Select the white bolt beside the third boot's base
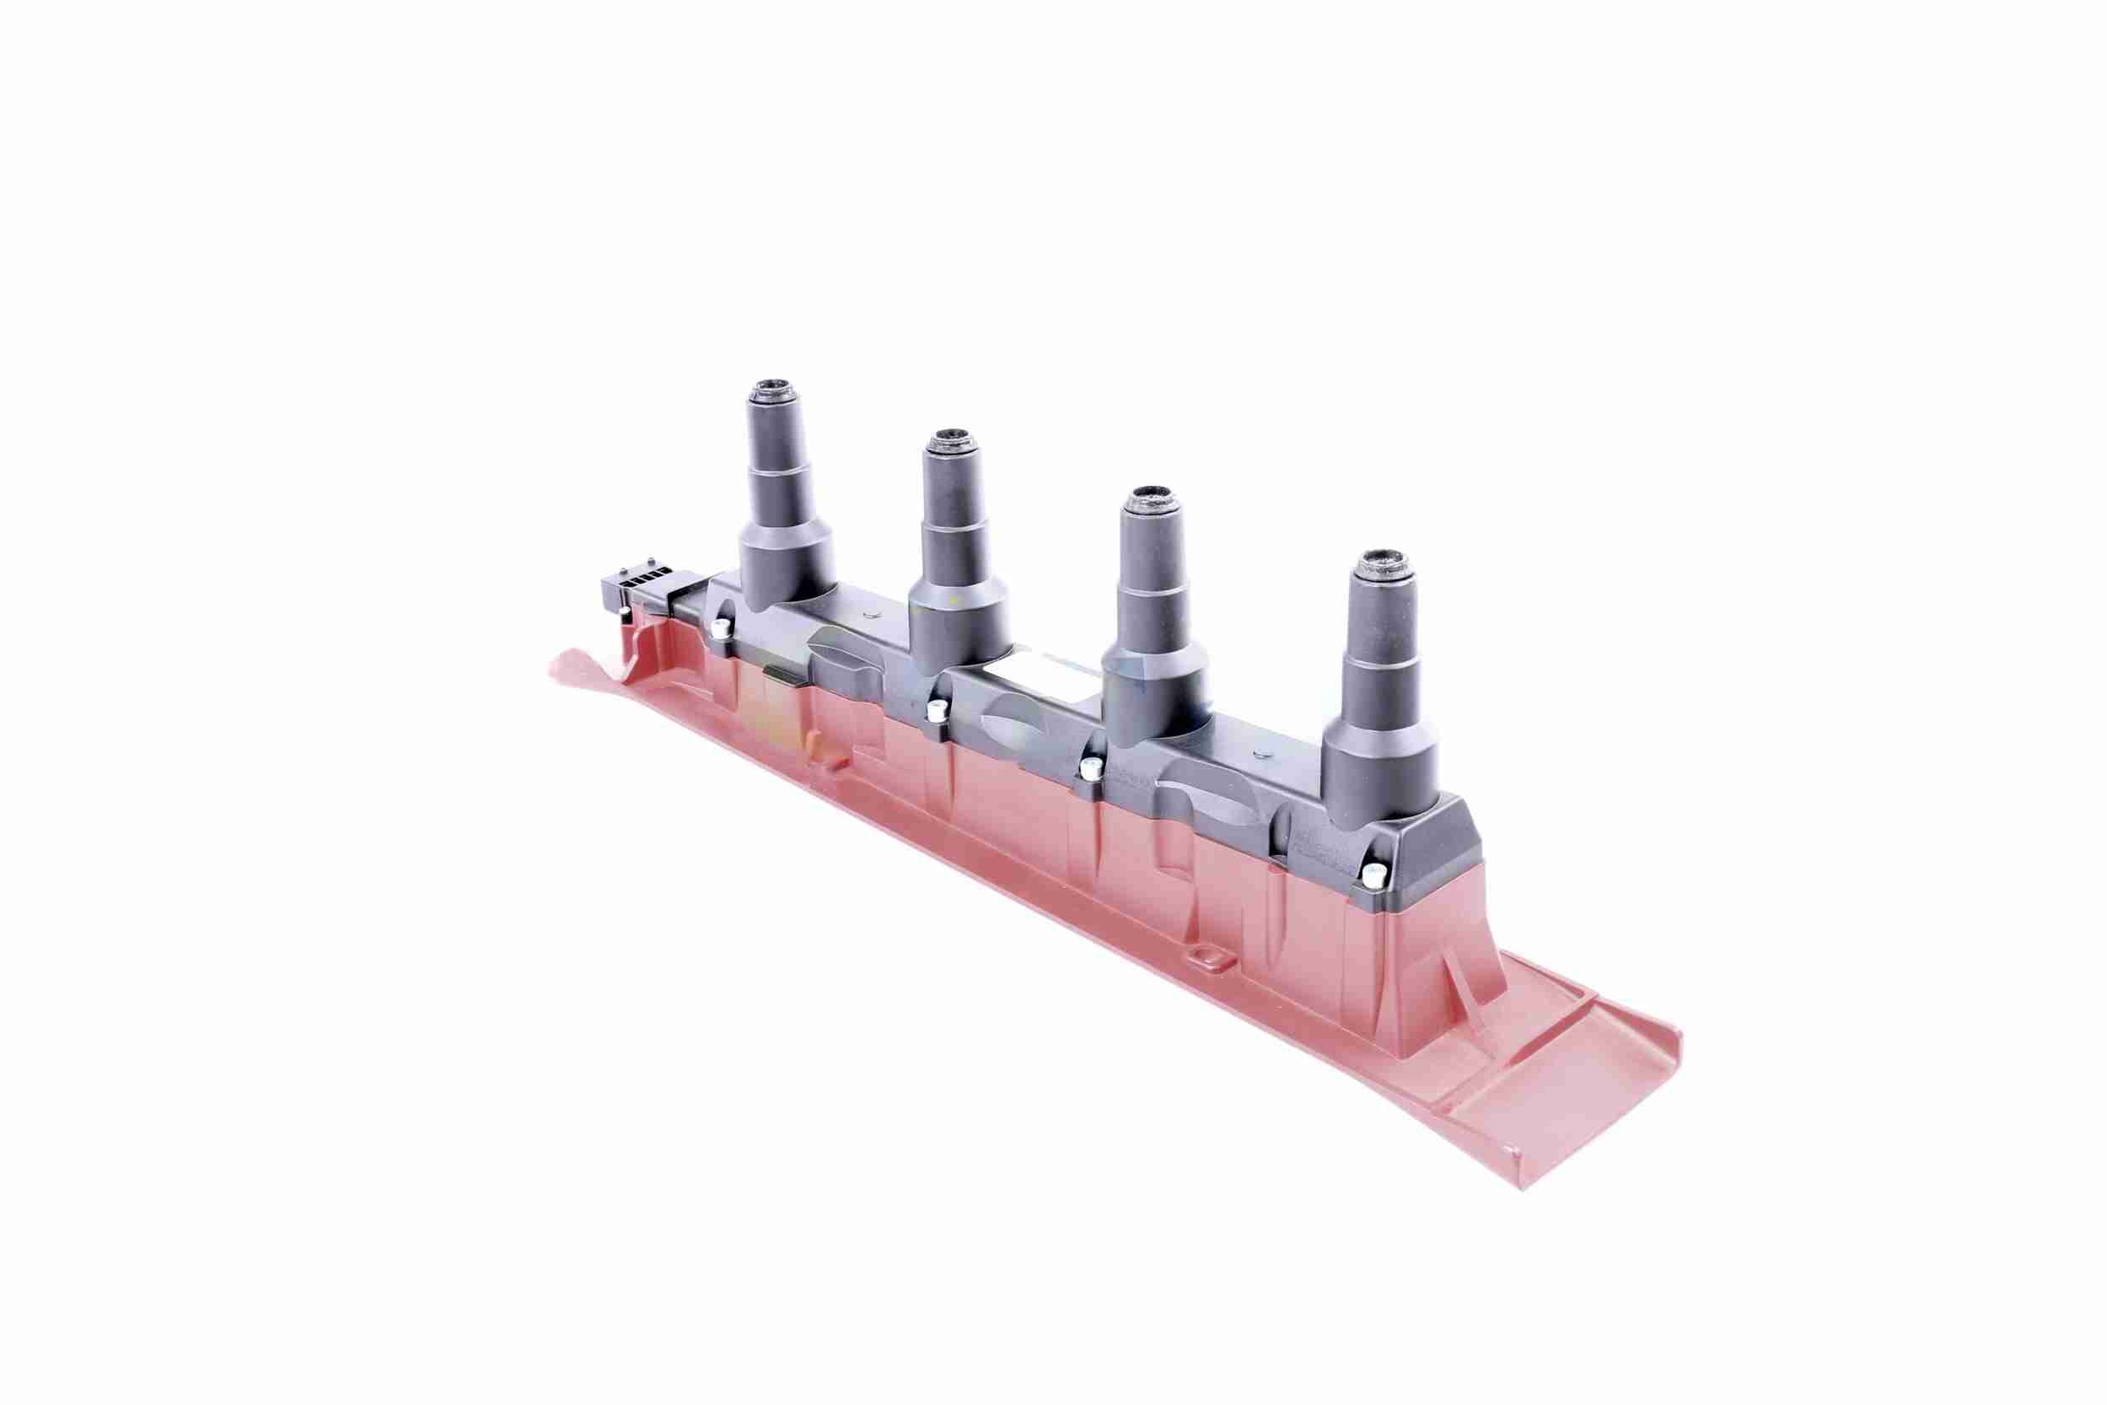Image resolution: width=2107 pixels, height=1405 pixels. pyautogui.click(x=1090, y=767)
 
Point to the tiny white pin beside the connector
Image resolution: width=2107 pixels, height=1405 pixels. pyautogui.click(x=622, y=613)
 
